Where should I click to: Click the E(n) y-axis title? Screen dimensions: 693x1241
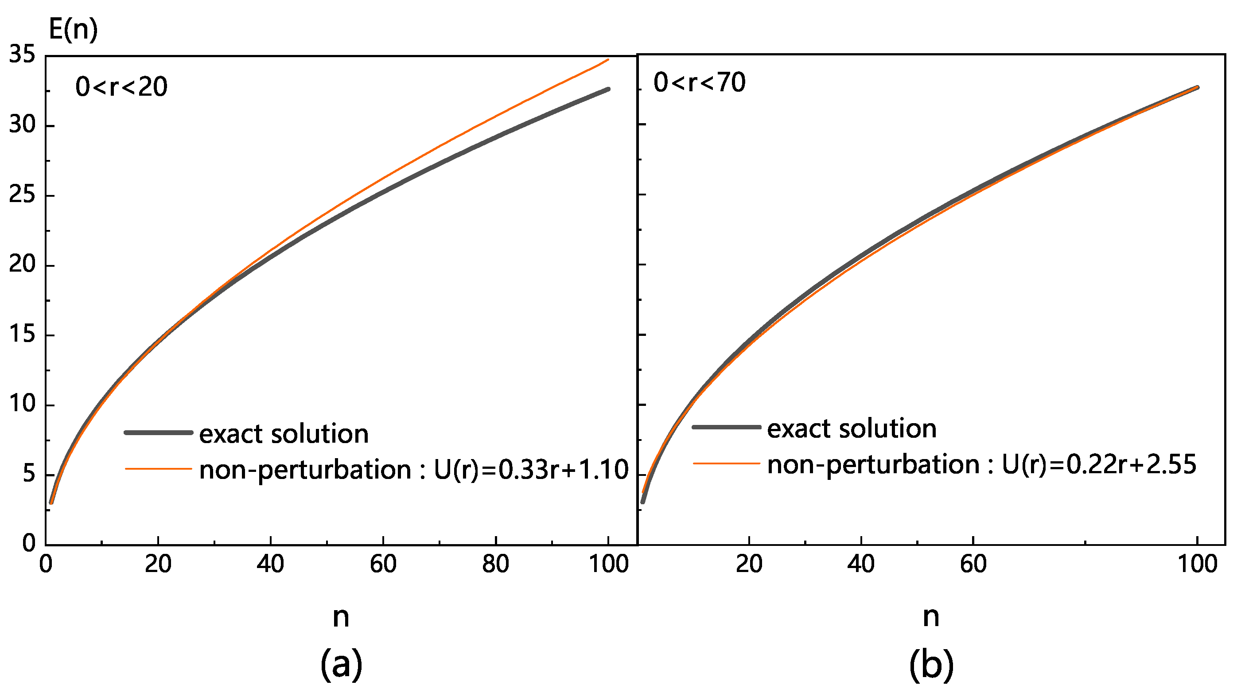(x=73, y=30)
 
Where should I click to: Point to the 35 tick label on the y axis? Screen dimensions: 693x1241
(x=22, y=55)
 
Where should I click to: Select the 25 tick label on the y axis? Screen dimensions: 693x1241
(x=22, y=195)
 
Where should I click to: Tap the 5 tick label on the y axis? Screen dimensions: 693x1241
(x=29, y=475)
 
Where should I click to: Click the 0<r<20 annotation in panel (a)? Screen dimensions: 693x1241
(x=121, y=87)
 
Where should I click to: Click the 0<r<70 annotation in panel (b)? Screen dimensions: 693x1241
(x=700, y=82)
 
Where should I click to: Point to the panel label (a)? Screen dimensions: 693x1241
(x=341, y=664)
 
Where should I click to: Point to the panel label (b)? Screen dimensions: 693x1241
(x=931, y=664)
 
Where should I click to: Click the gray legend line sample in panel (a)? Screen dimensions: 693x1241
(x=159, y=433)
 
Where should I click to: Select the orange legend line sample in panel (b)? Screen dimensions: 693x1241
(x=726, y=463)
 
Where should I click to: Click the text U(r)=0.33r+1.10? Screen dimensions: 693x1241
(x=531, y=470)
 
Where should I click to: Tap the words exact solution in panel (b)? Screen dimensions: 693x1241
(x=851, y=428)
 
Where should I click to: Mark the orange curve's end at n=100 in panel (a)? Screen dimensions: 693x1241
(x=608, y=60)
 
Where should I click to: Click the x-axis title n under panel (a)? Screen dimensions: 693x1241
(x=341, y=616)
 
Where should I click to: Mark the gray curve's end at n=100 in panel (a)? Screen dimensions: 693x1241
(x=608, y=89)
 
